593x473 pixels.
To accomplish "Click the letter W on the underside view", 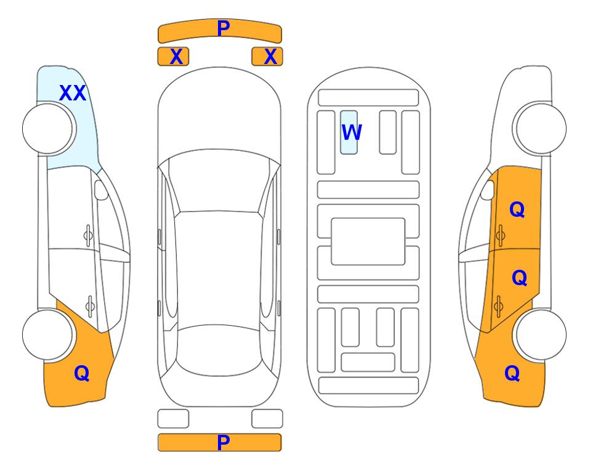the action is click(x=352, y=132).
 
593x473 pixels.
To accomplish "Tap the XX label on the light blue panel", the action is click(x=73, y=93).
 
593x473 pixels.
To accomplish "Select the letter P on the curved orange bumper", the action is click(x=223, y=28).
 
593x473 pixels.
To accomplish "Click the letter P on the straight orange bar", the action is click(x=223, y=442).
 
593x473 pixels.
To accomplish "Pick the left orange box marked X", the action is click(x=173, y=57).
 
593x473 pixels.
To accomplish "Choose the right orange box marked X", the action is click(x=267, y=57).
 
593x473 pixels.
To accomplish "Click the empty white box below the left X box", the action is click(x=173, y=419).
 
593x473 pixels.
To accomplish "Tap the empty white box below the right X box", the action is click(x=267, y=419).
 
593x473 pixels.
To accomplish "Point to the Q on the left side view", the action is click(x=82, y=373).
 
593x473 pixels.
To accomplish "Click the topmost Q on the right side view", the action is click(x=517, y=209).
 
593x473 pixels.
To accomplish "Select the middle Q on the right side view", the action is click(x=519, y=278).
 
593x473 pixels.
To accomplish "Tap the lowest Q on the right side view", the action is click(x=512, y=373).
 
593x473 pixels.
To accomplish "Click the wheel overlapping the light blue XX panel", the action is click(x=47, y=129).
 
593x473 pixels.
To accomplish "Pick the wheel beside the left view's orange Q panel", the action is click(x=47, y=334).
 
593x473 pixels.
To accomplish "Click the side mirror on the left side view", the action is click(x=101, y=190).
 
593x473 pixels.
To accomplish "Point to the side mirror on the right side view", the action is click(x=488, y=190).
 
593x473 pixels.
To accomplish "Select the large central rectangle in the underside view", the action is click(x=368, y=241).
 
